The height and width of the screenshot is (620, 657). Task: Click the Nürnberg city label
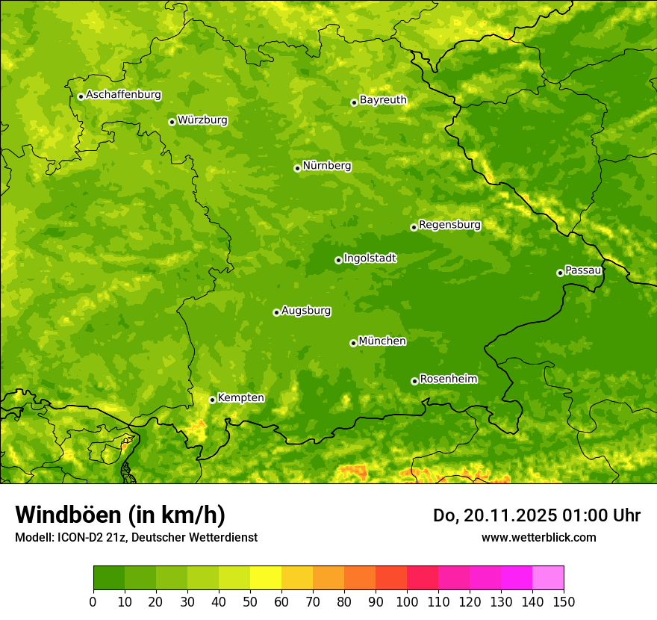[326, 166]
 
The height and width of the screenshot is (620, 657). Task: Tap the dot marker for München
[353, 343]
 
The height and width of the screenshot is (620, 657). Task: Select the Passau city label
[583, 270]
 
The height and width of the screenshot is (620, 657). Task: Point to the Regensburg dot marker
[414, 227]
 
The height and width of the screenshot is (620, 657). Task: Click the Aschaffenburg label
[123, 95]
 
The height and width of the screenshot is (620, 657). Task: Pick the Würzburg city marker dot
[172, 122]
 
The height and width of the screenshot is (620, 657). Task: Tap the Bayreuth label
[383, 100]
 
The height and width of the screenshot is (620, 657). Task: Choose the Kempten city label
[240, 397]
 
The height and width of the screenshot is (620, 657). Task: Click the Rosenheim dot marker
[414, 381]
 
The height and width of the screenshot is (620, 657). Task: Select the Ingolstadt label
[370, 258]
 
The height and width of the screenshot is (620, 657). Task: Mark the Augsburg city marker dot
[276, 312]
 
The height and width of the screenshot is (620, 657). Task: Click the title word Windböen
[67, 515]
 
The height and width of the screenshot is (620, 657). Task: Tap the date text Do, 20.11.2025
[493, 515]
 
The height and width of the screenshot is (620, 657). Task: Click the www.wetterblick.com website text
[538, 537]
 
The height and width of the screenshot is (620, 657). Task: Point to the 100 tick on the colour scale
[407, 601]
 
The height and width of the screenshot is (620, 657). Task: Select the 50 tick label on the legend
[250, 601]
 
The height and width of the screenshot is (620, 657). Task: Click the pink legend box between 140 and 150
[548, 578]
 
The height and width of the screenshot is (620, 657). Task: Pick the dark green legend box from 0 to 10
[109, 578]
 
